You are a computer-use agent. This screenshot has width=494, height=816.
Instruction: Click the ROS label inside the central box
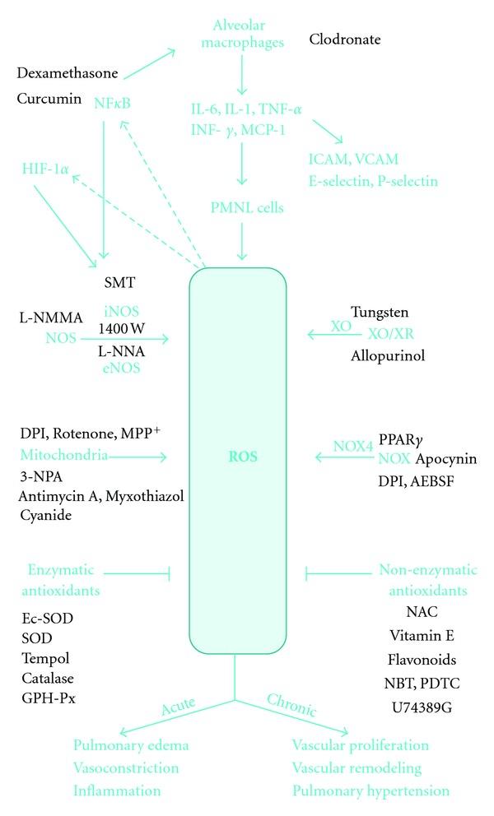coord(238,454)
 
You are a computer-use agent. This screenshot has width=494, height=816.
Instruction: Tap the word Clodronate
coord(347,39)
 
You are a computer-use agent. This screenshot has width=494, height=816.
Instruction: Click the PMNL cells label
coord(240,207)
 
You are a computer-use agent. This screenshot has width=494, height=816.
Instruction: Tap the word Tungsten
coord(379,313)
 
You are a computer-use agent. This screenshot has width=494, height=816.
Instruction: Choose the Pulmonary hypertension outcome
coord(370,790)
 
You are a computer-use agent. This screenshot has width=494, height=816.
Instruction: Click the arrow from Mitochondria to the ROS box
coord(140,455)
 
